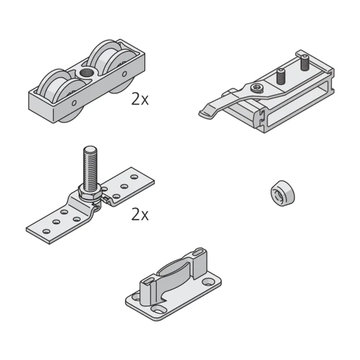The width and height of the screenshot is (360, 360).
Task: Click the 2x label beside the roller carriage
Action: point(140,99)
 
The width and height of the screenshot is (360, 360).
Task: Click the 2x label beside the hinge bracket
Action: point(140,214)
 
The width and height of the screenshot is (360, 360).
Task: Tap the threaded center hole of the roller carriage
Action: point(87,73)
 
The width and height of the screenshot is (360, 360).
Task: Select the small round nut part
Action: point(283,193)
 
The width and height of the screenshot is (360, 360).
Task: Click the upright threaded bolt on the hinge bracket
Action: point(91,168)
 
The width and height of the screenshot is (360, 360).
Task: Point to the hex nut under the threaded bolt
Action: point(89,191)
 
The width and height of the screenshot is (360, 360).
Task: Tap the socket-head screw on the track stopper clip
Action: point(256,87)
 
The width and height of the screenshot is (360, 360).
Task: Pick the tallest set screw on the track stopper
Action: point(304,62)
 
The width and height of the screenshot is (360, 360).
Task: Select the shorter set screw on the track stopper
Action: point(281,76)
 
